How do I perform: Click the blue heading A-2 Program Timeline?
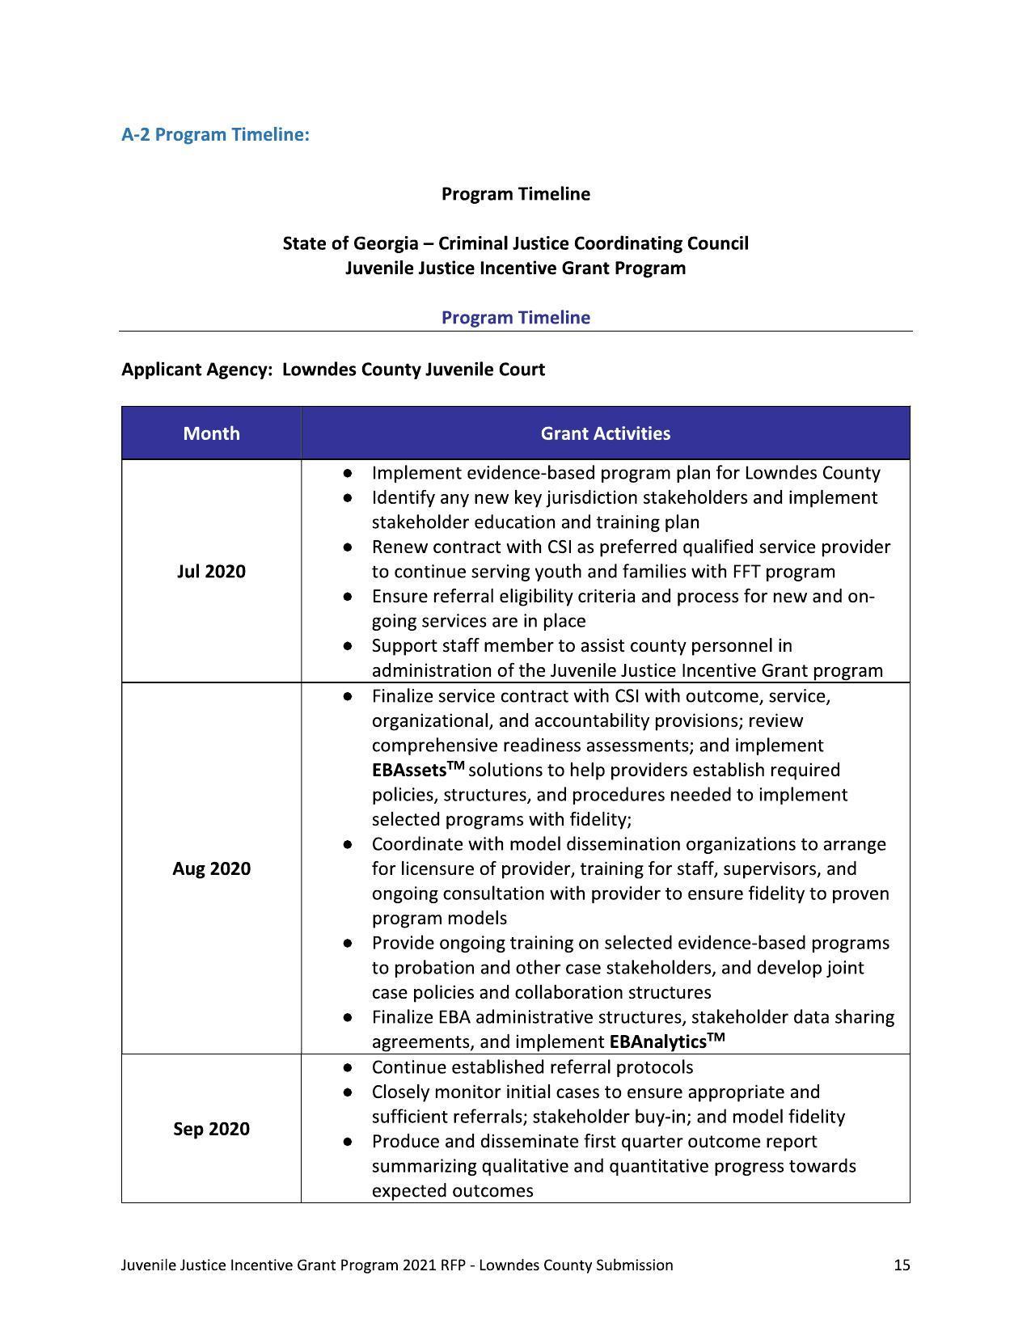pyautogui.click(x=215, y=134)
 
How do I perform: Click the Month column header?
pyautogui.click(x=211, y=433)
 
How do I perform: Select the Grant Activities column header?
pyautogui.click(x=605, y=433)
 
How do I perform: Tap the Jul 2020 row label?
pyautogui.click(x=211, y=572)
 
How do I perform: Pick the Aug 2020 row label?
pyautogui.click(x=211, y=868)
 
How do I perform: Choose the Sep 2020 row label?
pyautogui.click(x=211, y=1129)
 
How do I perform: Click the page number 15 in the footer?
pyautogui.click(x=902, y=1265)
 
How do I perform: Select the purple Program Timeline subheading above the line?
pyautogui.click(x=515, y=318)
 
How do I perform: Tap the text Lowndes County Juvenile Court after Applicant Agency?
pyautogui.click(x=413, y=370)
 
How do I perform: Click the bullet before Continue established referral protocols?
pyautogui.click(x=347, y=1068)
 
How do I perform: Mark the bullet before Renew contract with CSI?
pyautogui.click(x=347, y=547)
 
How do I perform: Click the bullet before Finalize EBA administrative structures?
pyautogui.click(x=347, y=1017)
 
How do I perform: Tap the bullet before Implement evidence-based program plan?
pyautogui.click(x=347, y=473)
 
